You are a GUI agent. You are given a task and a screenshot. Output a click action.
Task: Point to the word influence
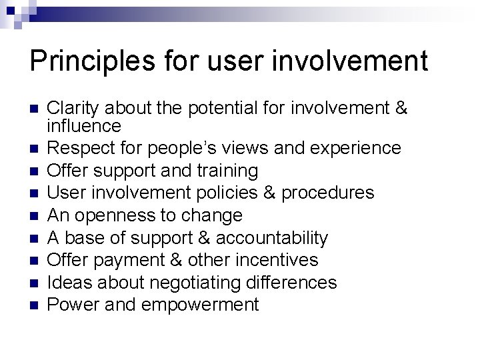(x=84, y=125)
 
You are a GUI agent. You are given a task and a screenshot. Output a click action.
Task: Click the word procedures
(x=327, y=193)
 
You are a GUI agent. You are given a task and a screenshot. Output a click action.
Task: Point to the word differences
(x=297, y=283)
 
